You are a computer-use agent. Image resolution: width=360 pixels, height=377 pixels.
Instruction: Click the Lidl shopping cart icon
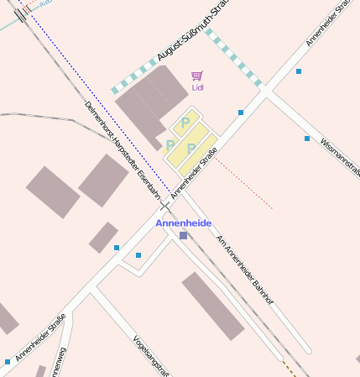point(197,76)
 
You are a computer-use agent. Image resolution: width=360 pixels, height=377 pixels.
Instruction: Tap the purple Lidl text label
point(198,87)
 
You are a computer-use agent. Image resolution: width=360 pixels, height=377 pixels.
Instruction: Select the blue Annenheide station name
point(183,223)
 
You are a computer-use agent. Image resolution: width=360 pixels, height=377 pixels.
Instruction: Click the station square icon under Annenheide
point(183,236)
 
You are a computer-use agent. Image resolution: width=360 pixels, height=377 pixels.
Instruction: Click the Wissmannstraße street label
point(340,154)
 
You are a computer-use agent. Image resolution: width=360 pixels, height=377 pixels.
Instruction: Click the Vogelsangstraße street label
point(152,356)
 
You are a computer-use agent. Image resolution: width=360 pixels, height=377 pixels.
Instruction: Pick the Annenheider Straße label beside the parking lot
point(195,173)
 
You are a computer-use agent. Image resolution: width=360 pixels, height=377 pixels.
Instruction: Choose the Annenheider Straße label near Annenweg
point(40,343)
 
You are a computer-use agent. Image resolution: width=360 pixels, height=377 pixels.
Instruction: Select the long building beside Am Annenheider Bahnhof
point(213,306)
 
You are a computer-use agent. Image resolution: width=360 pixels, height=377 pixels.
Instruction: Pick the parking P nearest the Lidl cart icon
point(185,123)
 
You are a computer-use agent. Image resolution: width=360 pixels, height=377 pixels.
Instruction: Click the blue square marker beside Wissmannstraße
point(307,139)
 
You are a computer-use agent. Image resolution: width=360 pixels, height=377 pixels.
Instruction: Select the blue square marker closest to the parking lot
point(241,113)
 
